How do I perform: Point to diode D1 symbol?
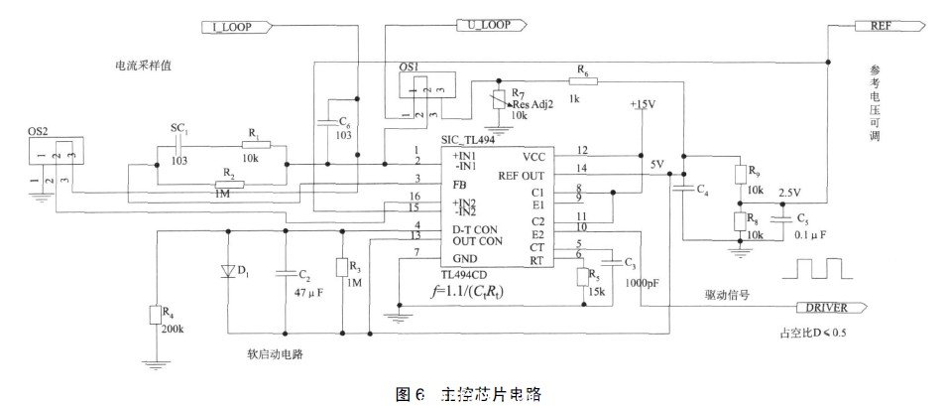click(228, 271)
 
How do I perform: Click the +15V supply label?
click(644, 103)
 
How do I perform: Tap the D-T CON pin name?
click(446, 228)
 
